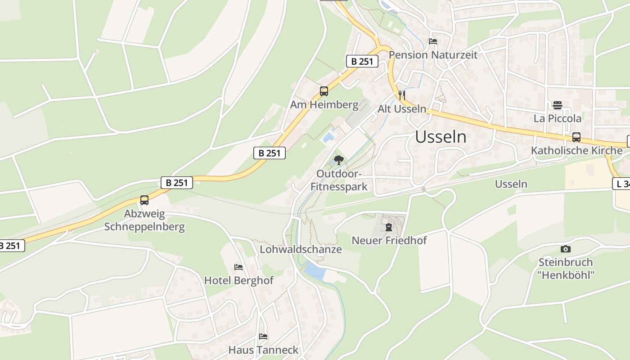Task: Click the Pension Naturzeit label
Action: pyautogui.click(x=433, y=55)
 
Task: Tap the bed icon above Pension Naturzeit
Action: pyautogui.click(x=433, y=41)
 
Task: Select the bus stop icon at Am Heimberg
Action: pyautogui.click(x=324, y=91)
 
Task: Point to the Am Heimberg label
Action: pyautogui.click(x=324, y=105)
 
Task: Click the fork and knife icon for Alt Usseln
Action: pyautogui.click(x=402, y=95)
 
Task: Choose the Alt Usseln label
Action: pyautogui.click(x=402, y=109)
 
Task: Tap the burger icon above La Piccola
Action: pyautogui.click(x=558, y=105)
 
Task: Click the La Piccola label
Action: pyautogui.click(x=558, y=118)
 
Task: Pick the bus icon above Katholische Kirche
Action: pyautogui.click(x=576, y=137)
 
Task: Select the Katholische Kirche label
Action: pyautogui.click(x=576, y=150)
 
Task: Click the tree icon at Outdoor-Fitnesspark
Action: pyautogui.click(x=339, y=160)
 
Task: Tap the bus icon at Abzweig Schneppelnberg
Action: pyautogui.click(x=144, y=200)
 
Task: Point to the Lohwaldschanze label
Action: pyautogui.click(x=301, y=249)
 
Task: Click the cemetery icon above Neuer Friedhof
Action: pyautogui.click(x=389, y=227)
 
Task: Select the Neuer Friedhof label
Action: pyautogui.click(x=389, y=240)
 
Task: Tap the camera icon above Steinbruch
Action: pyautogui.click(x=566, y=249)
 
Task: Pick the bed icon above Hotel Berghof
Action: pyautogui.click(x=238, y=267)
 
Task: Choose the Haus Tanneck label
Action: pyautogui.click(x=263, y=350)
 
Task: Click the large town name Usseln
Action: pyautogui.click(x=441, y=137)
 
